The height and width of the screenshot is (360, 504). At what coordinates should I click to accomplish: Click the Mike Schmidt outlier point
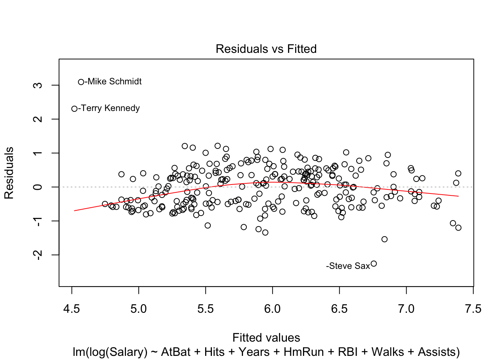[81, 82]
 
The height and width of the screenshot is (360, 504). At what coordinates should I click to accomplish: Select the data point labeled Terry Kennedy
[74, 109]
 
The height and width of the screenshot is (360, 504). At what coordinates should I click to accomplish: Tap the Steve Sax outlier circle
[373, 264]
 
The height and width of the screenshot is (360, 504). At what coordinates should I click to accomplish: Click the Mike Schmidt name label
[114, 81]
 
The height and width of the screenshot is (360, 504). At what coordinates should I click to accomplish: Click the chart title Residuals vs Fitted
[266, 49]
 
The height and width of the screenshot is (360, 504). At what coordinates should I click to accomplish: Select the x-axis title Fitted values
[266, 337]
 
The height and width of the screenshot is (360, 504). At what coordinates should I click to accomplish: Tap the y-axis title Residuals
[9, 173]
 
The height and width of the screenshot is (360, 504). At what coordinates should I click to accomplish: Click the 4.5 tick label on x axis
[72, 309]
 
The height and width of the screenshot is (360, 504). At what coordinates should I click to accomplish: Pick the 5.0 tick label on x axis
[138, 309]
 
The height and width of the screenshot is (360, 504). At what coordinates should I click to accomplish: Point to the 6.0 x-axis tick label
[272, 309]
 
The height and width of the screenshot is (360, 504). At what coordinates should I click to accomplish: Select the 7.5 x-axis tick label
[473, 309]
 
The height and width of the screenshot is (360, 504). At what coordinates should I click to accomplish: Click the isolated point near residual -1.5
[384, 239]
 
